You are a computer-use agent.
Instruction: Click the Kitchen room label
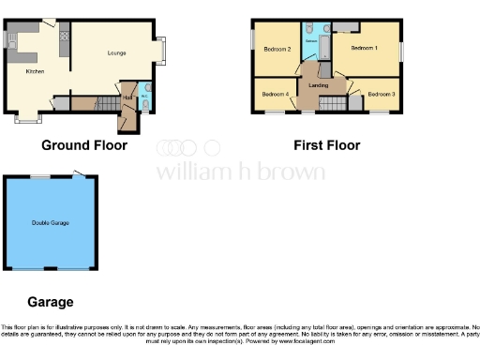tap(35, 70)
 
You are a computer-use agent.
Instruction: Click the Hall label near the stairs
tap(127, 97)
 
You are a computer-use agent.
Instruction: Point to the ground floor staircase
tap(84, 102)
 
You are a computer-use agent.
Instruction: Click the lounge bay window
tap(164, 48)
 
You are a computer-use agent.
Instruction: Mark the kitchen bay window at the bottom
tap(28, 118)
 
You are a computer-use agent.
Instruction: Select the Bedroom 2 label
tap(277, 49)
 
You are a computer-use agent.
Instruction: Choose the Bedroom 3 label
tap(381, 94)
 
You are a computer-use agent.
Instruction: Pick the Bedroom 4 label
tap(275, 94)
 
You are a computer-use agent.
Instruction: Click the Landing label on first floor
tap(311, 86)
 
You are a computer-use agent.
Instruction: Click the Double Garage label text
tap(51, 222)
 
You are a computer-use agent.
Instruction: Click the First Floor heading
tap(326, 145)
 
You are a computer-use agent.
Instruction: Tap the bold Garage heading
tap(50, 302)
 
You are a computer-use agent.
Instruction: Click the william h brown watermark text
tap(240, 172)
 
